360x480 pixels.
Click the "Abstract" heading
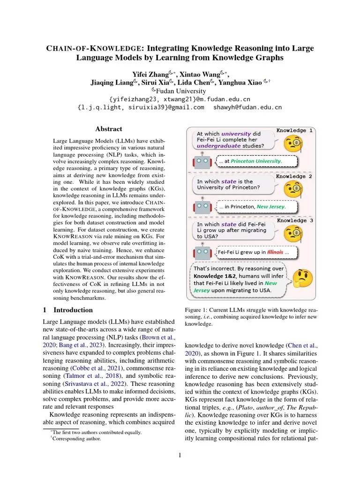[109, 129]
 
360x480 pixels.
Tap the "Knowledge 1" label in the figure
[295, 130]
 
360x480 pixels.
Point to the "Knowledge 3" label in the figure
[295, 220]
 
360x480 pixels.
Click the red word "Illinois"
[275, 252]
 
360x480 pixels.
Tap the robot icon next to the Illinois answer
[202, 253]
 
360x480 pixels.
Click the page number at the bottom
[180, 454]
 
